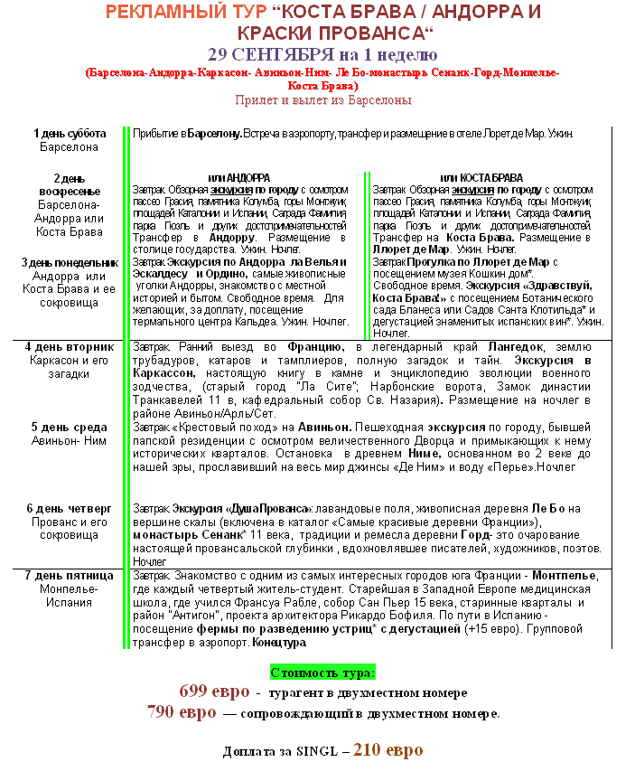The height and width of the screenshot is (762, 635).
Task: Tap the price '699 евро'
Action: click(214, 691)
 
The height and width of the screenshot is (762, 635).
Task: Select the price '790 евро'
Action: click(182, 712)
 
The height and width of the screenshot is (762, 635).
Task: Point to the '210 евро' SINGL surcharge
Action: click(388, 749)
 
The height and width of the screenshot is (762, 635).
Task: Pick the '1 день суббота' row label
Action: click(70, 134)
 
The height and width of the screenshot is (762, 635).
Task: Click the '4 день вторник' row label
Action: click(70, 346)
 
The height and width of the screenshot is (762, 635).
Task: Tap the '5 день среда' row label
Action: click(70, 427)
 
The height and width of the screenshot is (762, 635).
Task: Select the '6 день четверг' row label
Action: click(70, 508)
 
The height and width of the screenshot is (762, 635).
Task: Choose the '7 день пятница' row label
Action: click(70, 575)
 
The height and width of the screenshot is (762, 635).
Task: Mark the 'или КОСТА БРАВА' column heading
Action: click(481, 177)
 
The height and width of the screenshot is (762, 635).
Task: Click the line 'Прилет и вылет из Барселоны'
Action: click(322, 100)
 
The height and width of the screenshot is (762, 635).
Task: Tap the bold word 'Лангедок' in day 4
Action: click(516, 347)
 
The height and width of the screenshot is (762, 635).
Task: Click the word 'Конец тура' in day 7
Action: click(280, 643)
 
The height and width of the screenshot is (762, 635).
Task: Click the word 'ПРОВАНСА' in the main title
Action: click(370, 33)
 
